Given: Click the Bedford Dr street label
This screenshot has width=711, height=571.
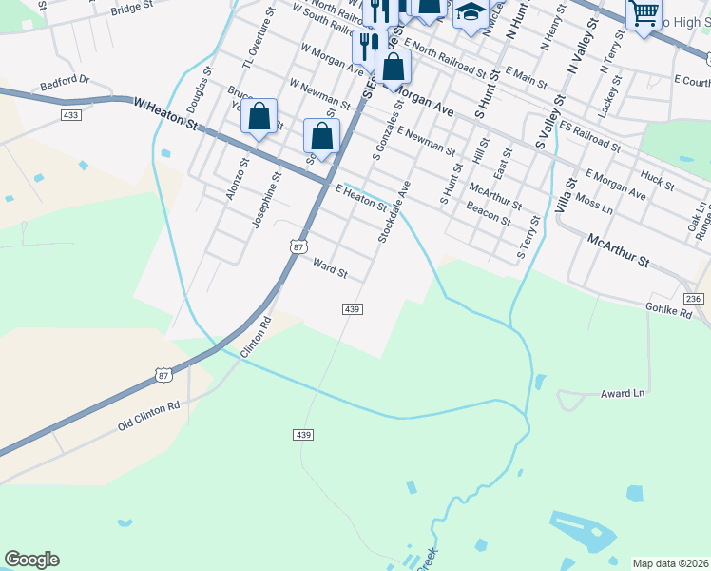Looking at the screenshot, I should click(65, 83).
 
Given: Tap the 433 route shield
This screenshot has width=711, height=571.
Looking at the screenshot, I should click(69, 115).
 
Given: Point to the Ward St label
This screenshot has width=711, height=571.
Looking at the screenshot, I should click(331, 268).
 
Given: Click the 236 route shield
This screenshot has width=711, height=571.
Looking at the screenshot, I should click(694, 299).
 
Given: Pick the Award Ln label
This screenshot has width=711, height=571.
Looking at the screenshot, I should click(623, 393).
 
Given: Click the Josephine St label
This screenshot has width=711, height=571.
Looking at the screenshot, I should click(265, 200).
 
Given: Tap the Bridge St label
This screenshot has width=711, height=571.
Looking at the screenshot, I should click(132, 10).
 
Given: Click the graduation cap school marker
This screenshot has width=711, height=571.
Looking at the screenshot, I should click(470, 12).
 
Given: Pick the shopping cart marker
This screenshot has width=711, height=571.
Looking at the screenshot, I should click(644, 13).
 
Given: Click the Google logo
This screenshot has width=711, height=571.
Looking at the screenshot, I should click(31, 560).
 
